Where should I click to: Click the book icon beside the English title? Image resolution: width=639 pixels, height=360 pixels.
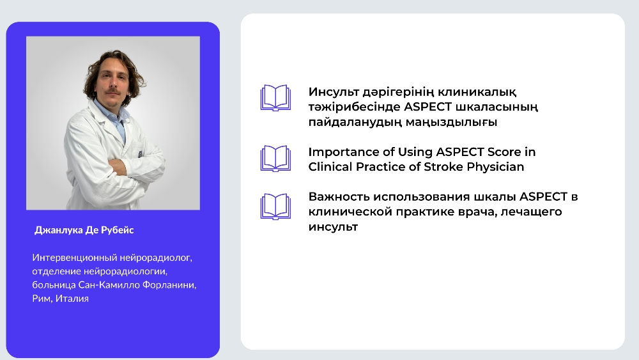[x=275, y=159]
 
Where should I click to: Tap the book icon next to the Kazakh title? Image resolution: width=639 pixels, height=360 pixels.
[x=275, y=98]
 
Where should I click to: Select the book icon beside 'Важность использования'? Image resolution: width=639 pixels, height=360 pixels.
[x=275, y=207]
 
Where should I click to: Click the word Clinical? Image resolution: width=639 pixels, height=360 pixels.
[x=330, y=167]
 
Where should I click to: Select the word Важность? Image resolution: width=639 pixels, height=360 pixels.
[x=339, y=197]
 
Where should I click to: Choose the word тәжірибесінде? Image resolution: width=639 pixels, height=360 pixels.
[x=354, y=107]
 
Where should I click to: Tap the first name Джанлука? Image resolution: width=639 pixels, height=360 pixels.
[x=58, y=230]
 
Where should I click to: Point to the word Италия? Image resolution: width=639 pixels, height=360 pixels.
[x=72, y=299]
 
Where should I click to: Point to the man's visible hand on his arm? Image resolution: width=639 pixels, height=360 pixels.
[x=118, y=167]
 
